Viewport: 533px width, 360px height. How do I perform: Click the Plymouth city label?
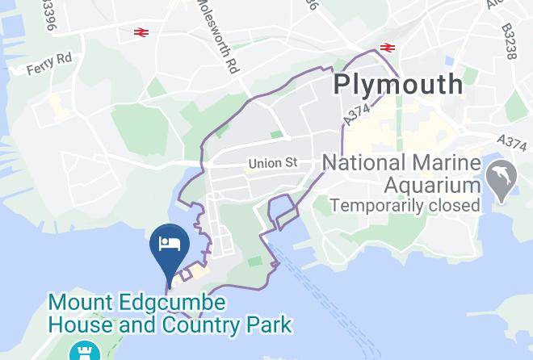399,83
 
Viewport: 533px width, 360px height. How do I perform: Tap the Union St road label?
273,163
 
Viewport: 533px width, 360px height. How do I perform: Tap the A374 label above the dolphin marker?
512,142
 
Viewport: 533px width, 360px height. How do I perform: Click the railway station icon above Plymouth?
387,47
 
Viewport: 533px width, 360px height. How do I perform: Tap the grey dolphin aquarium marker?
502,180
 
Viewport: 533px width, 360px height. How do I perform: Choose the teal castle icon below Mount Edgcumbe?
80,351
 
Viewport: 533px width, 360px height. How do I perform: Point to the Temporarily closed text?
405,206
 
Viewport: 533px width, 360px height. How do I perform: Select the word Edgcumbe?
169,304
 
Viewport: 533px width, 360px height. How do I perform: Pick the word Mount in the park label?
78,304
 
